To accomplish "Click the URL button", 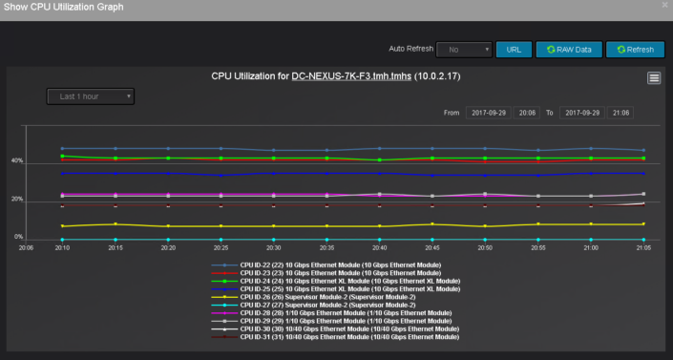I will [514, 49].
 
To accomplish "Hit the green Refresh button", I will [635, 49].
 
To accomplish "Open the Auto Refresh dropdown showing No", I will [463, 49].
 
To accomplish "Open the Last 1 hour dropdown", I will [91, 96].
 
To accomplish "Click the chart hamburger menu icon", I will [654, 77].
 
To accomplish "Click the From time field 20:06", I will [527, 113].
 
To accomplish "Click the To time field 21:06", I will [620, 113].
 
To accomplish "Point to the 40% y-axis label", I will [17, 160].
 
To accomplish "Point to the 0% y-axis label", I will [18, 236].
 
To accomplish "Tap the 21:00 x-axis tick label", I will [590, 247].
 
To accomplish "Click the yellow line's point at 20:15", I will [116, 223].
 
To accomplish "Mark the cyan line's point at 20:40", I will [379, 240].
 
